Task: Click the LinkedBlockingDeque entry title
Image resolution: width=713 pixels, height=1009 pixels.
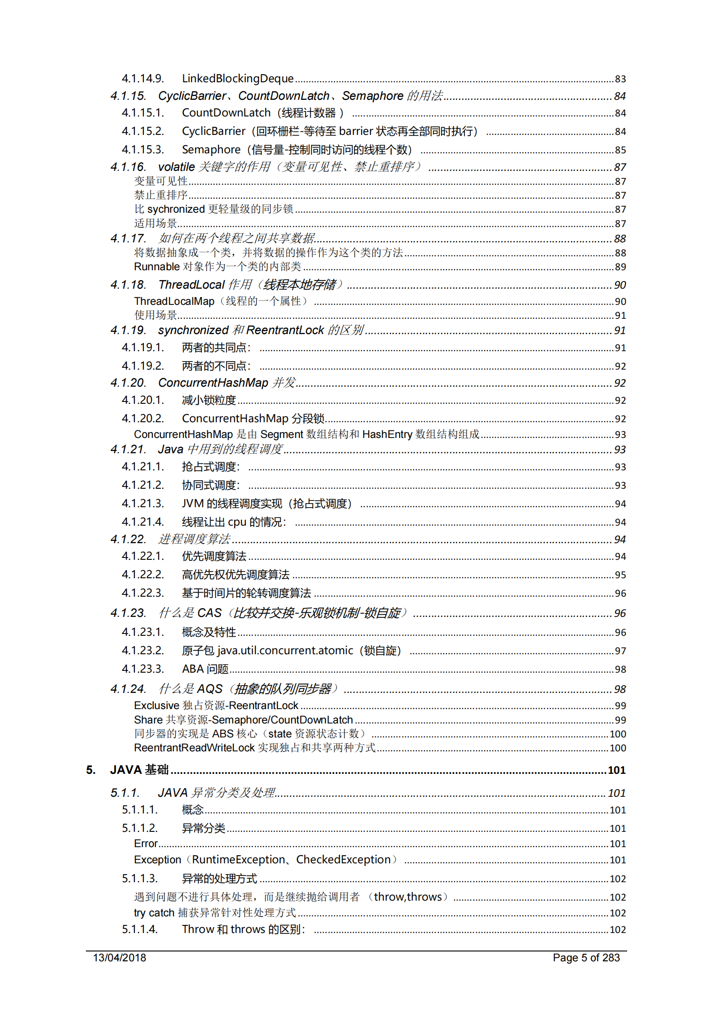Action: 237,79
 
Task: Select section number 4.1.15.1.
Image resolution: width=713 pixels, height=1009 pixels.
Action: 143,113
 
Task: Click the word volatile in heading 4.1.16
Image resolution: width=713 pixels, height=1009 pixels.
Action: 176,167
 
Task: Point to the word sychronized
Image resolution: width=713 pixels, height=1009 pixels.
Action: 176,209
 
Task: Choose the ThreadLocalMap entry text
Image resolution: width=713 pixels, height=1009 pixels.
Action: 174,301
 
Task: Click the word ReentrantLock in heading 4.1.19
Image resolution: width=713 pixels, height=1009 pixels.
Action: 285,330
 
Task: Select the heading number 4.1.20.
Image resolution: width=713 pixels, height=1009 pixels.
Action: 128,383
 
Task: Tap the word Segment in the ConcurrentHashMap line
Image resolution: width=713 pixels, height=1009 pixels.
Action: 281,434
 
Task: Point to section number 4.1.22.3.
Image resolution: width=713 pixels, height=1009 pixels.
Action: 143,593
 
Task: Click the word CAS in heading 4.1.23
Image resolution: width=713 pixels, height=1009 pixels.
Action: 209,613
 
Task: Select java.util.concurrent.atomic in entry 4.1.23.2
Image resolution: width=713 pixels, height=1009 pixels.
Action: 285,651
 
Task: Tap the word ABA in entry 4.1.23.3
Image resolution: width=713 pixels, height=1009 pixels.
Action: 193,669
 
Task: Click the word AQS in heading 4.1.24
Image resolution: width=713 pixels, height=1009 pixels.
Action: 209,689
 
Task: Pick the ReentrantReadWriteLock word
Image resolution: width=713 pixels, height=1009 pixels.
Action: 194,748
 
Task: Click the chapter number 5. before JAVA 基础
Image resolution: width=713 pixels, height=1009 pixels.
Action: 91,770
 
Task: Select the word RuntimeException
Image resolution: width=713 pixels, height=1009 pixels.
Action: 238,860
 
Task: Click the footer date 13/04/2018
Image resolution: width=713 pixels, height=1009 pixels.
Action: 120,958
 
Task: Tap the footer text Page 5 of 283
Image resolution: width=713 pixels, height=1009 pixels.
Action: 586,958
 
